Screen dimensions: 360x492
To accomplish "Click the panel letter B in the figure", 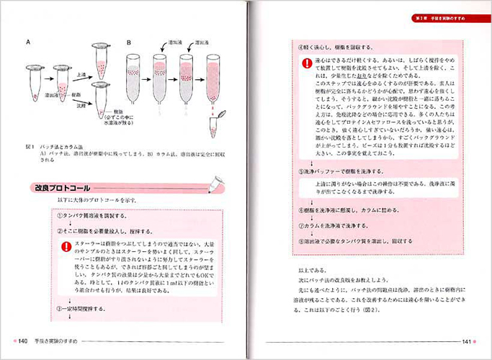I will click(128, 42).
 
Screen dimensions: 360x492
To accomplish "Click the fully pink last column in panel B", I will click(214, 79).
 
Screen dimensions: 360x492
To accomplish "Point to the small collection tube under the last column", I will click(215, 125).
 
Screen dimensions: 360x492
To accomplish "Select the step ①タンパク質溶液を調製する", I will click(90, 215).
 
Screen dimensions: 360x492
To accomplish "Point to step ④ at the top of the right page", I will click(339, 45).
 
